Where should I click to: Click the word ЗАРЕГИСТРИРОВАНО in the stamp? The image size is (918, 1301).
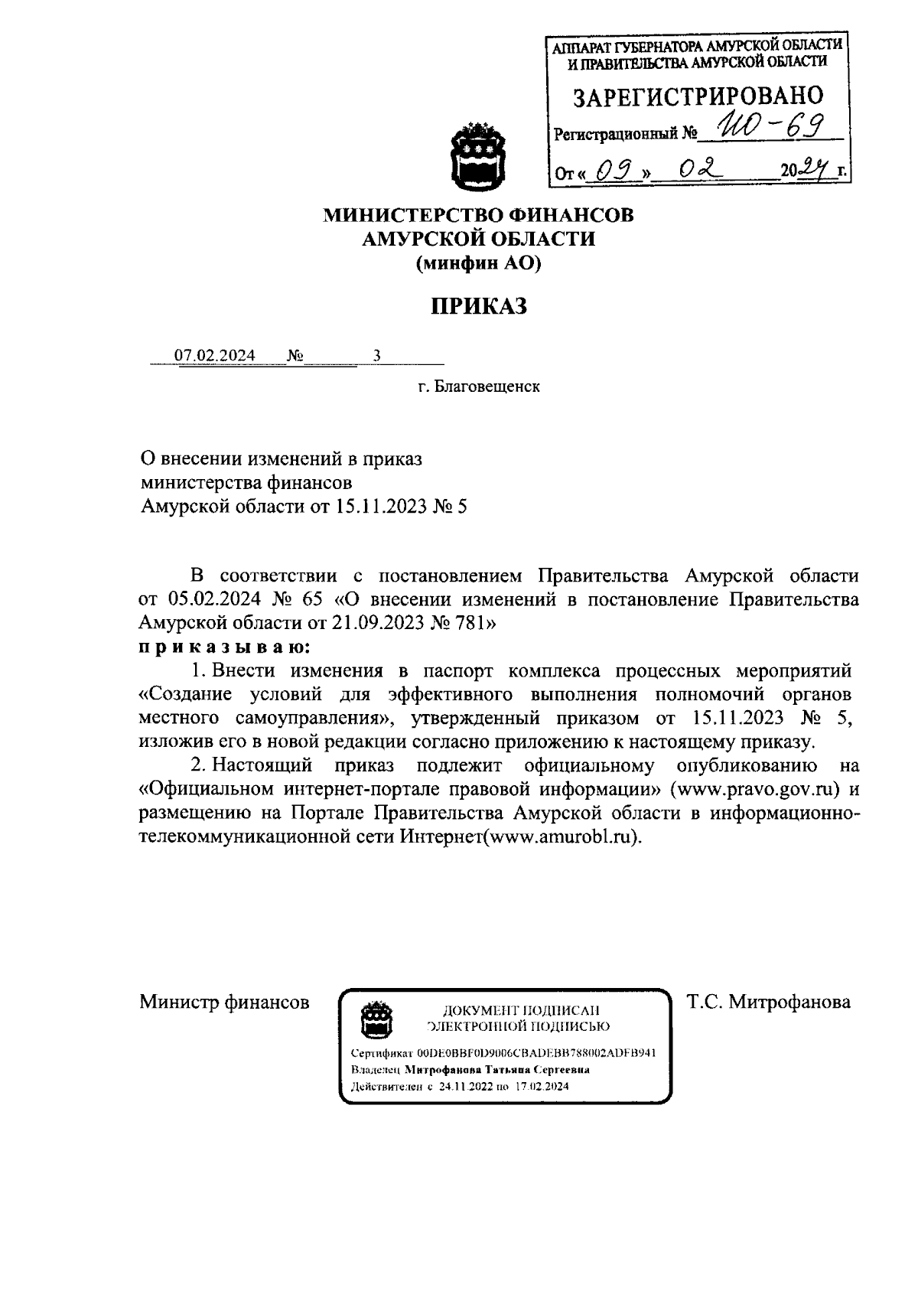[x=698, y=96]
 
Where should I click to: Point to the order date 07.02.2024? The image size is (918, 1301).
[x=215, y=356]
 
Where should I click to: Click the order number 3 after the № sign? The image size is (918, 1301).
[x=376, y=356]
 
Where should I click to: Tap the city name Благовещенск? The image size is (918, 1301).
[x=487, y=386]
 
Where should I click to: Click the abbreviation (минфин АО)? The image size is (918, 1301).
[x=478, y=264]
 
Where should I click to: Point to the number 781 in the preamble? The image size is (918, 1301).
[x=468, y=623]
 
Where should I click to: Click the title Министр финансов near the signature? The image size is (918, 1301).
[x=224, y=1002]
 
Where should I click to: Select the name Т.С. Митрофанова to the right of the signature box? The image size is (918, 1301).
[x=768, y=1002]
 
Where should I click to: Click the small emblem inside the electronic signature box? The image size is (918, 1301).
[x=376, y=1019]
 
